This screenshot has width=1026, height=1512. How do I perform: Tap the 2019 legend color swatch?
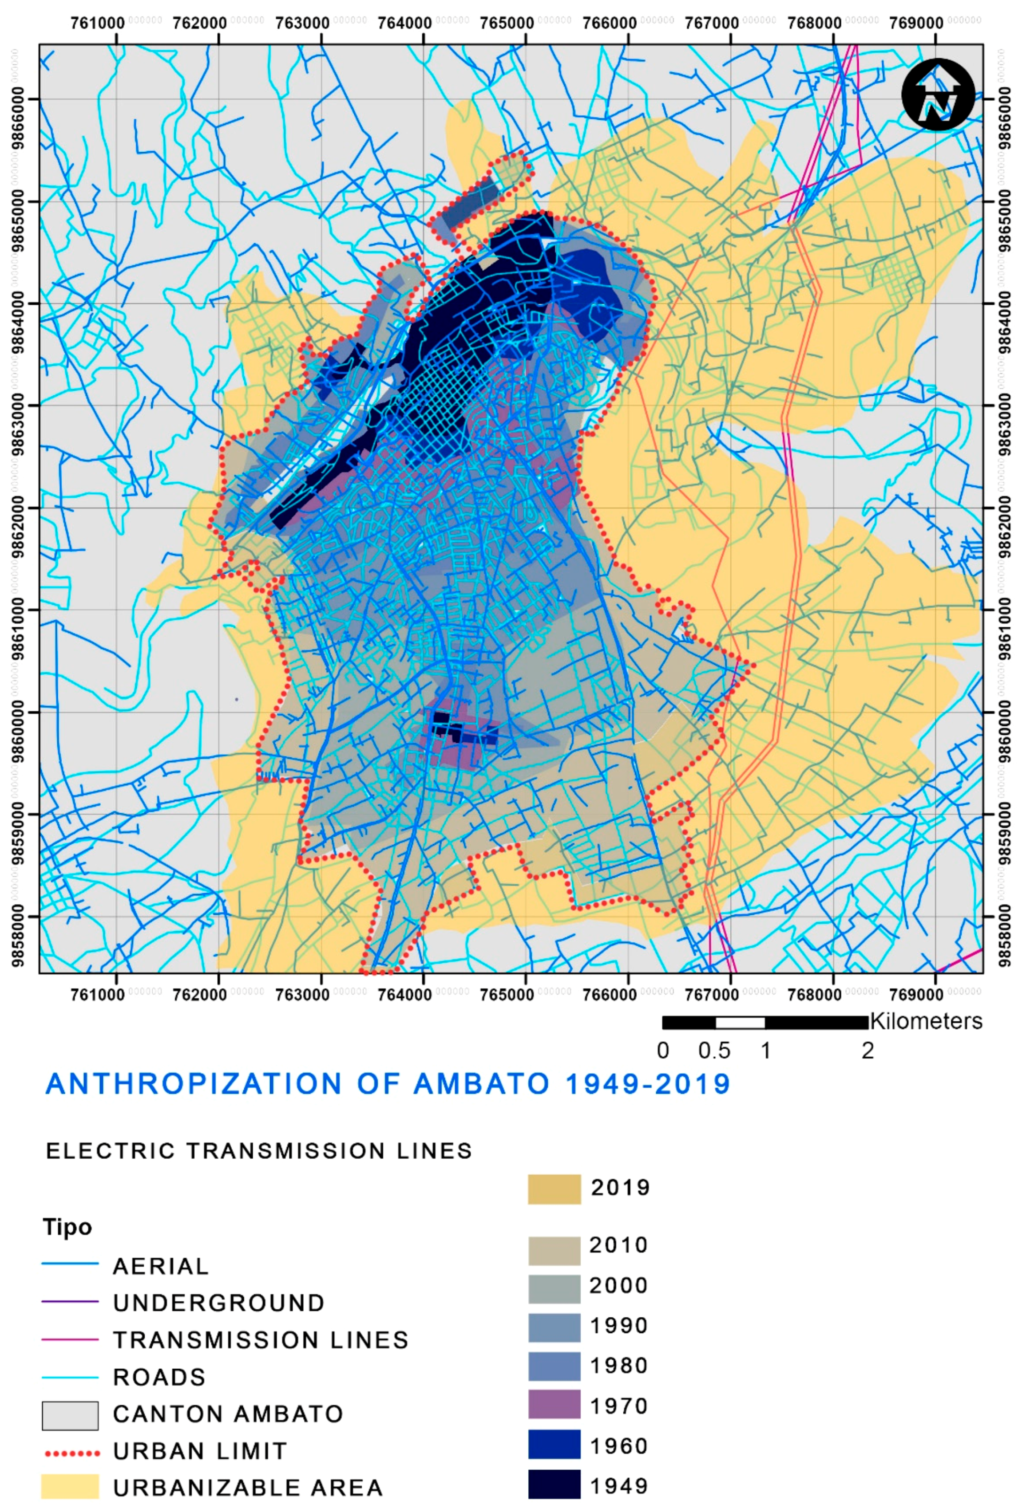click(x=554, y=1189)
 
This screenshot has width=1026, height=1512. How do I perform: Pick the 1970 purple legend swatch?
click(x=554, y=1405)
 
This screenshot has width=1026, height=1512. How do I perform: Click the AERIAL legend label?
click(x=161, y=1266)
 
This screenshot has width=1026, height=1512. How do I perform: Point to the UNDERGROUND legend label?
click(x=219, y=1303)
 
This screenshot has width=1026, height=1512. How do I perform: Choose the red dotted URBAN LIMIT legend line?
click(x=70, y=1452)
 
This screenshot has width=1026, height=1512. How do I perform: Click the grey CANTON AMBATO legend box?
click(x=70, y=1415)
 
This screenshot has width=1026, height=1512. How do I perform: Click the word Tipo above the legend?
click(x=67, y=1227)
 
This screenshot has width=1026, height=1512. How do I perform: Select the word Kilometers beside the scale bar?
click(x=926, y=1021)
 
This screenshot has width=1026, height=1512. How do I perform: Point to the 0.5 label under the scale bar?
click(x=714, y=1051)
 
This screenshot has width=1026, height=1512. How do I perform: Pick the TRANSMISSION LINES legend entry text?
click(x=261, y=1340)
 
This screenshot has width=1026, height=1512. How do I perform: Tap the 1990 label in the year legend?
click(x=618, y=1325)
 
